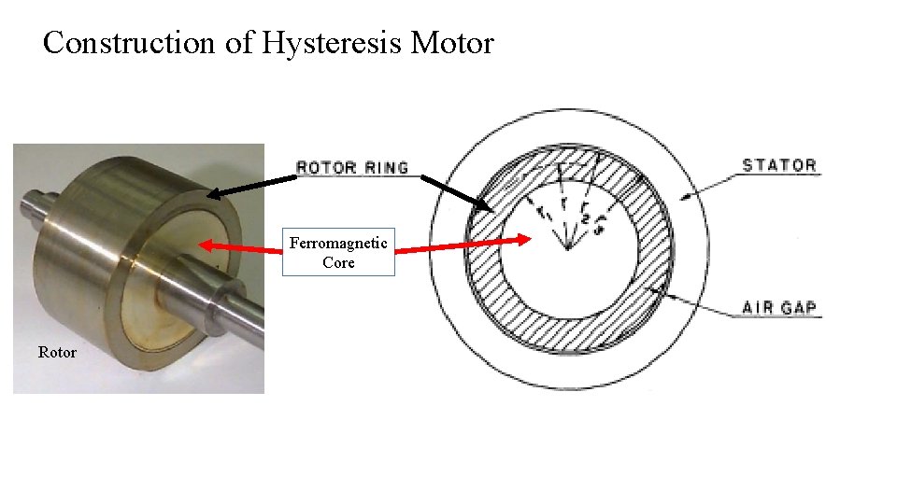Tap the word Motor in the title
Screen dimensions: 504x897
point(454,43)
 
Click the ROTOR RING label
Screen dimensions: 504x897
point(352,168)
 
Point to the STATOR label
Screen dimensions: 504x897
point(779,165)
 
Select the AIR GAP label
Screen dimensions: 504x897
point(779,307)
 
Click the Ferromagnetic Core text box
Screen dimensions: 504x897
point(338,252)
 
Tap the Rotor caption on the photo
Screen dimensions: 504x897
point(57,352)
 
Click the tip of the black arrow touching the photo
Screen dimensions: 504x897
point(209,195)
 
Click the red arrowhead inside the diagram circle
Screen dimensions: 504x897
point(529,239)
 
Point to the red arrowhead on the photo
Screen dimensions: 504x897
point(203,245)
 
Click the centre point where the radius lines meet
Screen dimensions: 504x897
point(567,249)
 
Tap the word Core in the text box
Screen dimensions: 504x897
point(338,262)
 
